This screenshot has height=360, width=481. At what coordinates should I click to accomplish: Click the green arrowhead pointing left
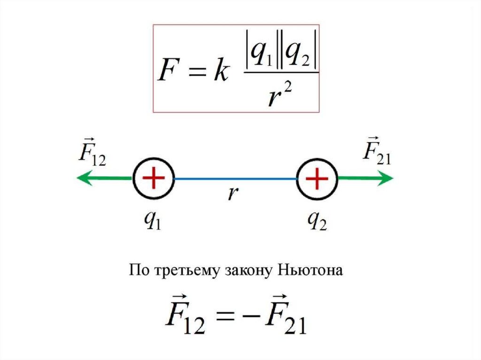click(82, 178)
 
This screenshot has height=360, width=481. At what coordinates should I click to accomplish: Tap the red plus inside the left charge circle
click(154, 178)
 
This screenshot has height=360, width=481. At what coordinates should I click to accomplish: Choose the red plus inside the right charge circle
click(317, 178)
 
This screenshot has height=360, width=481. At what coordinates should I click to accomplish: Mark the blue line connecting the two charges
click(235, 179)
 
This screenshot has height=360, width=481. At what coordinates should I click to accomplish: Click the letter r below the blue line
click(231, 193)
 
